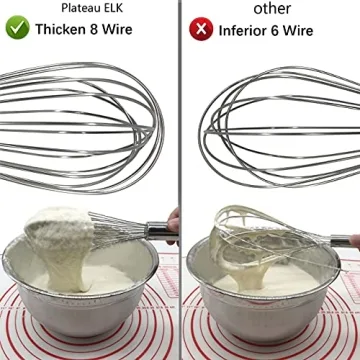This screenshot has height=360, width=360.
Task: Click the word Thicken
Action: point(63,30)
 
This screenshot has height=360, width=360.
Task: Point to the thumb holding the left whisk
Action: point(173,225)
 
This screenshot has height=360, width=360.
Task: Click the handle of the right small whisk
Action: point(340,240)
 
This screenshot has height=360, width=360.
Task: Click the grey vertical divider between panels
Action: point(180,180)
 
